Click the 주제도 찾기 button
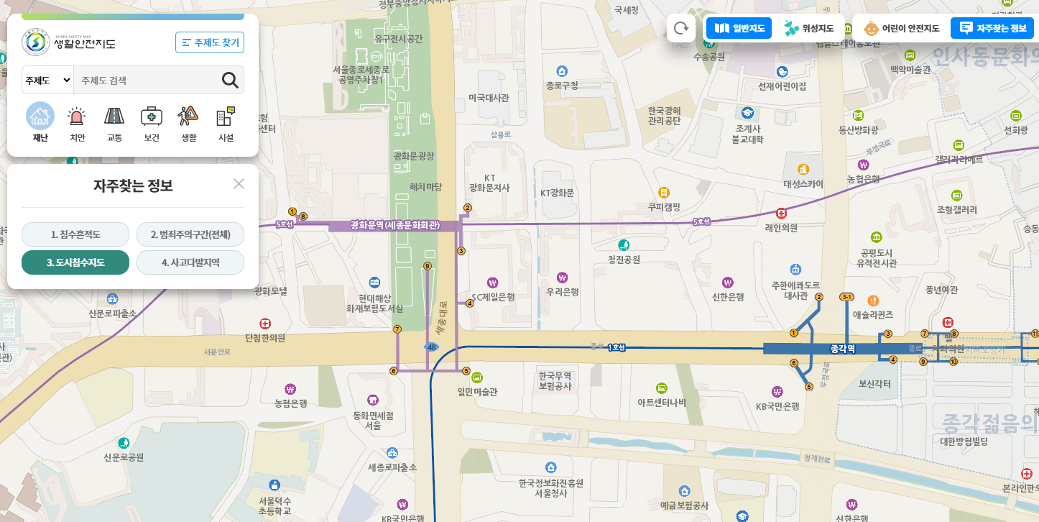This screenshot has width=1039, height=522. click(210, 42)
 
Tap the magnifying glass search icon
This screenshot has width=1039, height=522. click(230, 80)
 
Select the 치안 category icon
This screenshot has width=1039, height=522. click(77, 122)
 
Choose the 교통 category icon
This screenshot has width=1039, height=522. click(114, 122)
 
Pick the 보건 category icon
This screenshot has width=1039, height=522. click(152, 122)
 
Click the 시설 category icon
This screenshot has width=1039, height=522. click(226, 122)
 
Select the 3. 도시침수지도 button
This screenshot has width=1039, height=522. click(75, 262)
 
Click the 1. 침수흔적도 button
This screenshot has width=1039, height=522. click(75, 234)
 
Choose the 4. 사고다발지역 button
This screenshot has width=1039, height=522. click(190, 262)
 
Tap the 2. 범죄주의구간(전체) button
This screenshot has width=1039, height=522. click(190, 234)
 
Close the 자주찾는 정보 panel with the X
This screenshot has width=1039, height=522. click(239, 184)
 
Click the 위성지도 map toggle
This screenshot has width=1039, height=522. click(810, 29)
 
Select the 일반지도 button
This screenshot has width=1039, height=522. click(739, 29)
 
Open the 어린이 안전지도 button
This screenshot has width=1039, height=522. click(902, 29)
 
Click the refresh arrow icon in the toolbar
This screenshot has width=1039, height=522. click(680, 29)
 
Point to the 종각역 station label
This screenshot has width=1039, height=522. click(842, 349)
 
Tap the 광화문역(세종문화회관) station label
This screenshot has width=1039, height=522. click(394, 225)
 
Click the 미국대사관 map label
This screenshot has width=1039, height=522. click(489, 98)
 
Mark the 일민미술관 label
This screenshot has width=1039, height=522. click(477, 392)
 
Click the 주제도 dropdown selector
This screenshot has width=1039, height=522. click(47, 80)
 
